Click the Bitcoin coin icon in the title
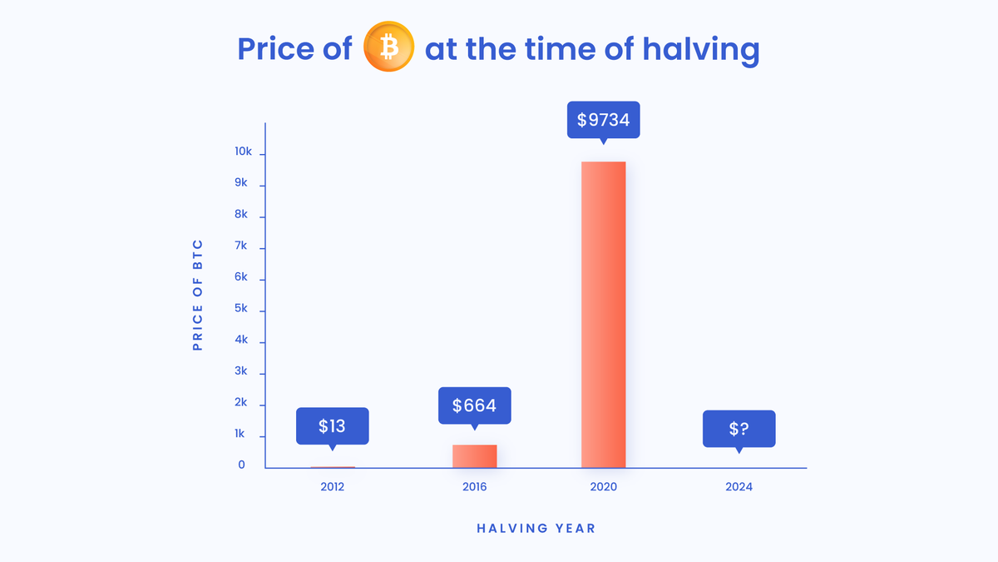pos(388,48)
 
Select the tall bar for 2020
pos(603,314)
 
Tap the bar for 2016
pos(474,456)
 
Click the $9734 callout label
pos(603,120)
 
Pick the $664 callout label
pos(474,405)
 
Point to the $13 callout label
pos(332,426)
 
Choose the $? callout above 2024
pos(739,429)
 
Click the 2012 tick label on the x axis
pos(332,487)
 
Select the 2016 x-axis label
pos(474,487)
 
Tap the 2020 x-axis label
pos(603,487)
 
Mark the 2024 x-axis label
pos(739,487)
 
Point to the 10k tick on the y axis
pos(244,152)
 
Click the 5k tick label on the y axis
pos(241,309)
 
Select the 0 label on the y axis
pos(242,465)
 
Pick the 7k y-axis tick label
pos(241,246)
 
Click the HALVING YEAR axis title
pos(536,528)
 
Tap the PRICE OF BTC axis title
pos(198,295)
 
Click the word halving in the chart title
pos(700,49)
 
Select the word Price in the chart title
pos(276,49)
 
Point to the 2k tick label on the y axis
pos(241,403)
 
